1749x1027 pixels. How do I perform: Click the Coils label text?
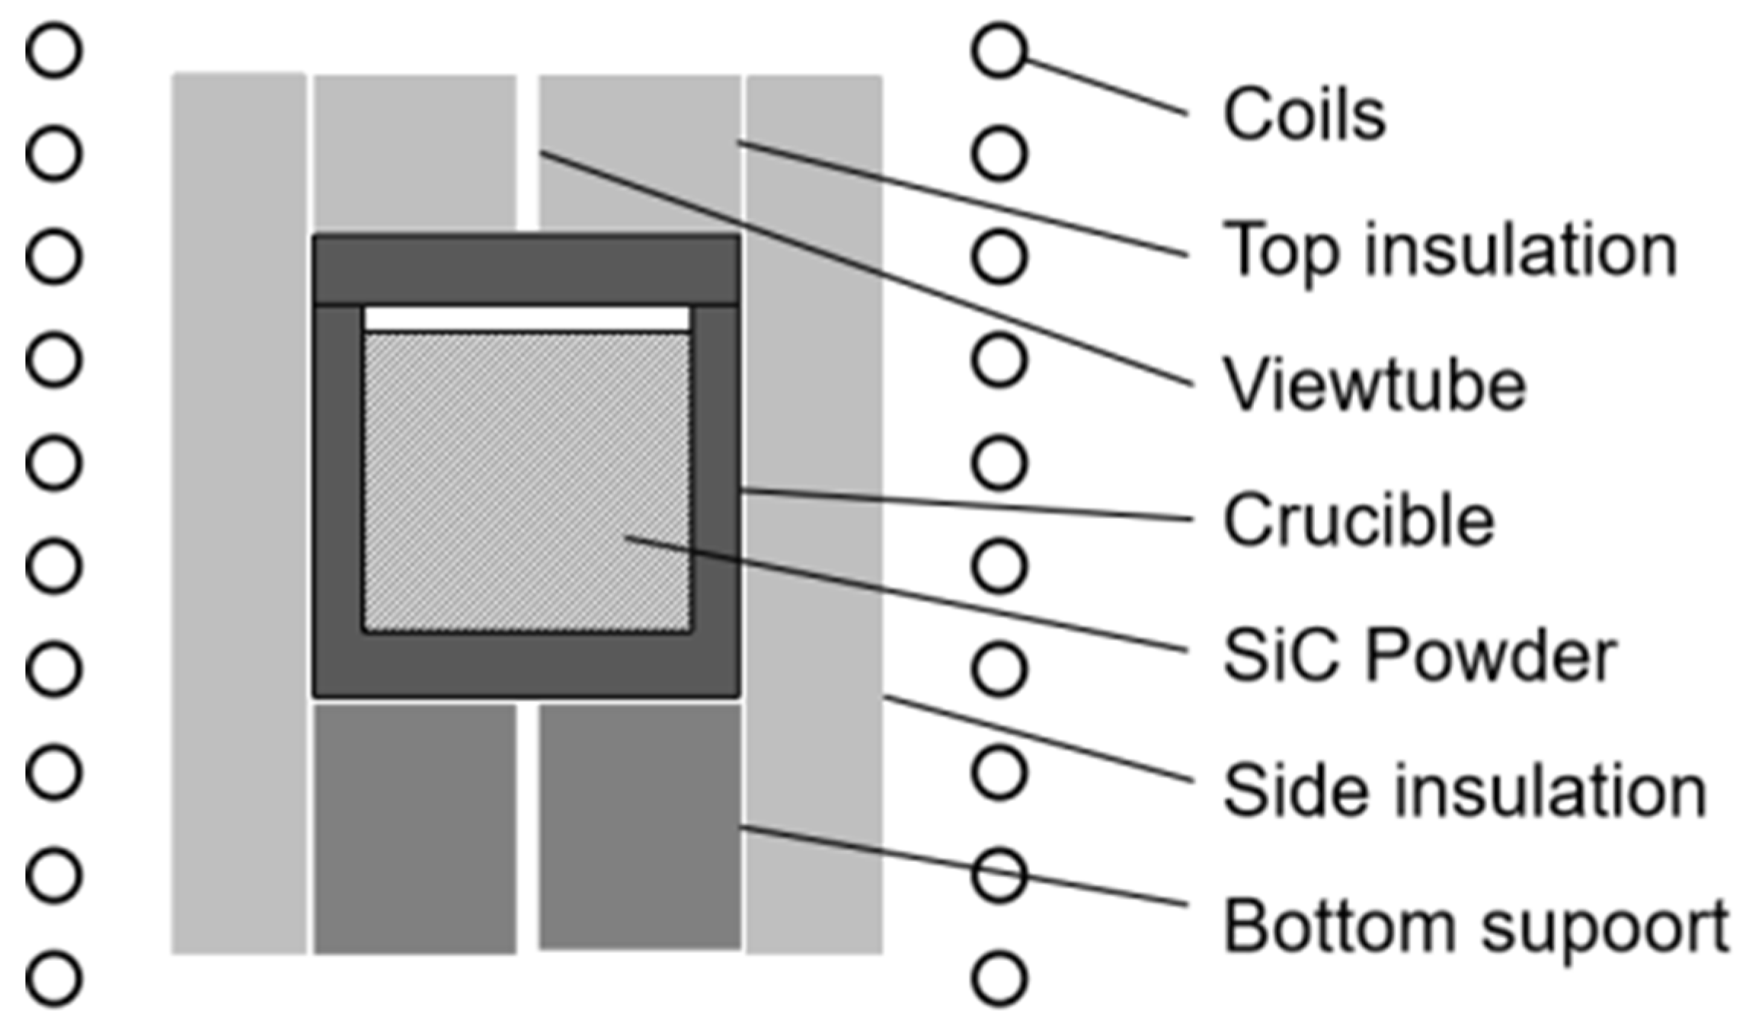pyautogui.click(x=1303, y=115)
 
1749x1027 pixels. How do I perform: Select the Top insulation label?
pyautogui.click(x=1449, y=250)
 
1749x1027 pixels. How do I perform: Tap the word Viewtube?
pyautogui.click(x=1374, y=386)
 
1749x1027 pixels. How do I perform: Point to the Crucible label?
pyautogui.click(x=1358, y=520)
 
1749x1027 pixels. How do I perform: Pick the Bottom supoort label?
pyautogui.click(x=1475, y=926)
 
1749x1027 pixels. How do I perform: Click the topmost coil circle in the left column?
pyautogui.click(x=54, y=50)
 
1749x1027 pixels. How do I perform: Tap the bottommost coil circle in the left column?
pyautogui.click(x=54, y=978)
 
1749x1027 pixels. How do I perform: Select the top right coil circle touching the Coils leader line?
pyautogui.click(x=999, y=50)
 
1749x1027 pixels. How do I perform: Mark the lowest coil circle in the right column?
pyautogui.click(x=999, y=978)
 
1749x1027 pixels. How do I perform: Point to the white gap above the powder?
pyautogui.click(x=526, y=318)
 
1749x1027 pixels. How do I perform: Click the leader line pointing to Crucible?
pyautogui.click(x=967, y=505)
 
